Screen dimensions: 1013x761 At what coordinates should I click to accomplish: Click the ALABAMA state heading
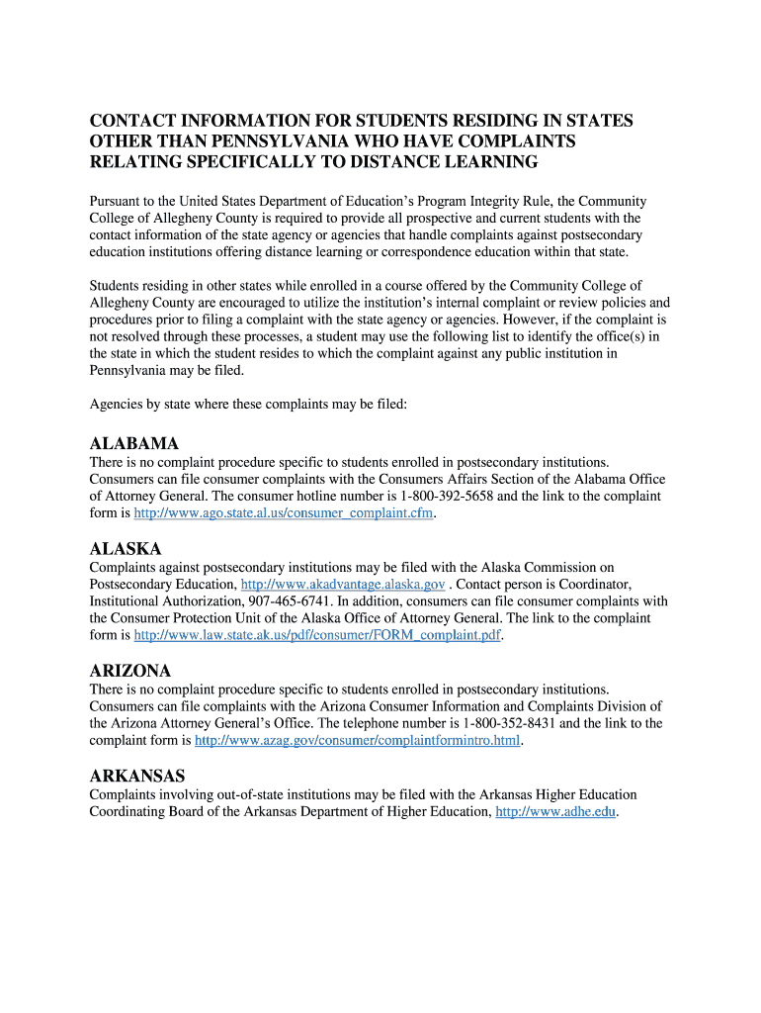point(133,443)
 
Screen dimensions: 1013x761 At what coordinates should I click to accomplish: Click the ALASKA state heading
point(125,548)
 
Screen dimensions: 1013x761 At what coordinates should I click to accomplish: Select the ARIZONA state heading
point(129,671)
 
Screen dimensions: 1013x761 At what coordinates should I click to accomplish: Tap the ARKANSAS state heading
point(136,776)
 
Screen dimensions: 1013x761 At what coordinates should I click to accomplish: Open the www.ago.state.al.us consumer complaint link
point(284,513)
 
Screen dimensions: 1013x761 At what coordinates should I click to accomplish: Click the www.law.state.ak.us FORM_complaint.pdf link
point(317,636)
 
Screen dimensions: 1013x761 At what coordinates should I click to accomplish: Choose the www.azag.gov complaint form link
point(357,740)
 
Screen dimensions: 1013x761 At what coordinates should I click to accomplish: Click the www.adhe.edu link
point(555,812)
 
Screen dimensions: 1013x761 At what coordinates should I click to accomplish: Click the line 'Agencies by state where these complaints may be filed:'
point(248,405)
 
